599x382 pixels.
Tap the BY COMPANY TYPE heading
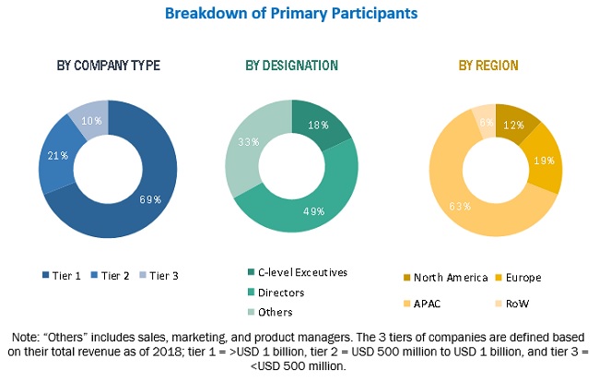click(109, 66)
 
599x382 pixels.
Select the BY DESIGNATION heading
click(291, 66)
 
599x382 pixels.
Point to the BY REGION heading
click(488, 66)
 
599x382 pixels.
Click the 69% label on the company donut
click(149, 199)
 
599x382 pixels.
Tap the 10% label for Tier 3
click(87, 121)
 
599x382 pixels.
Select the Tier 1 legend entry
click(63, 275)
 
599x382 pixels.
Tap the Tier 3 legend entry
click(159, 275)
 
